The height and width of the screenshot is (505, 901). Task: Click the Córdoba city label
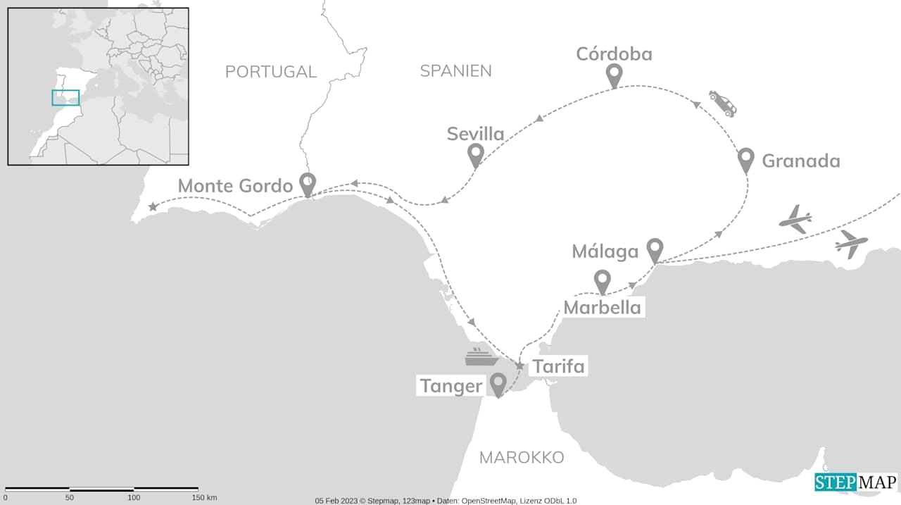pos(614,54)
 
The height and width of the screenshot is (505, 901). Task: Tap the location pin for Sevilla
pos(476,154)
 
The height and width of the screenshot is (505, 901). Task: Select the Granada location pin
pos(746,159)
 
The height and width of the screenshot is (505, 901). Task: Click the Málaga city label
pos(605,251)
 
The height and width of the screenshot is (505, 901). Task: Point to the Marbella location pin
pos(602,281)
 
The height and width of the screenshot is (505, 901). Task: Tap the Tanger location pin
pos(498,384)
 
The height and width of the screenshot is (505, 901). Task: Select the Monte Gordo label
pos(234,186)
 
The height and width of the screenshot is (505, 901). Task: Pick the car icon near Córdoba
pos(723,103)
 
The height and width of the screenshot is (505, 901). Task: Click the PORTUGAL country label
pos(271,71)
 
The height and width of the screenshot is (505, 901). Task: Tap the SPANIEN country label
pos(455,70)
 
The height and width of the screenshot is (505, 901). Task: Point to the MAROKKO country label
pos(522,458)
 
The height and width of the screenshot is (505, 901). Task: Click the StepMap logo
pos(856,482)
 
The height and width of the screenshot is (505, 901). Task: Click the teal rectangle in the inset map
pos(65,98)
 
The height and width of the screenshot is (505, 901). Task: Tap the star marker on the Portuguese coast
pos(153,207)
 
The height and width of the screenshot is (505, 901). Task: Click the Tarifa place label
pos(558,367)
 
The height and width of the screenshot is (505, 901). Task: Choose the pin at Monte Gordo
pos(308,184)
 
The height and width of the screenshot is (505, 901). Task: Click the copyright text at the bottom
pos(446,501)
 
